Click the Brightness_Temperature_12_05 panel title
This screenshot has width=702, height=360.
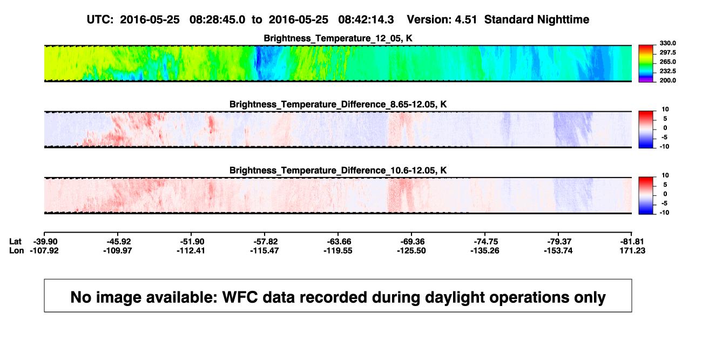[338, 38]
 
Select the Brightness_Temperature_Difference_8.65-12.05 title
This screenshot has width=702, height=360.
[338, 104]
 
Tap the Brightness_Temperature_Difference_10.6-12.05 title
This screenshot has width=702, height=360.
[338, 171]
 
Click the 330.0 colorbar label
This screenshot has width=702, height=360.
[667, 43]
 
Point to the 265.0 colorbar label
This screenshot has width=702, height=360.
[667, 62]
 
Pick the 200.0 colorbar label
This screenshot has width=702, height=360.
[667, 80]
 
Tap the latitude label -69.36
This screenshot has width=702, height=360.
[413, 242]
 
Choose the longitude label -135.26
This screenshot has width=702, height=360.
[485, 250]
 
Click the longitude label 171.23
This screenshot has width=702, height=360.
[632, 250]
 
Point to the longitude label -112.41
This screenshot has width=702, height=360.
[191, 250]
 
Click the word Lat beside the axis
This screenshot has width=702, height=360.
[15, 242]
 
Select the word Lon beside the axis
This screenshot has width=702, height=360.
[16, 250]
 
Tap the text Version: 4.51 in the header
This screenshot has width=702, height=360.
[442, 20]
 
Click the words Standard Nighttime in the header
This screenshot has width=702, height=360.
[537, 20]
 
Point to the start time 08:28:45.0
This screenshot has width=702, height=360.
[217, 20]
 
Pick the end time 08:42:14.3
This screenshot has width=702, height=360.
[366, 20]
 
